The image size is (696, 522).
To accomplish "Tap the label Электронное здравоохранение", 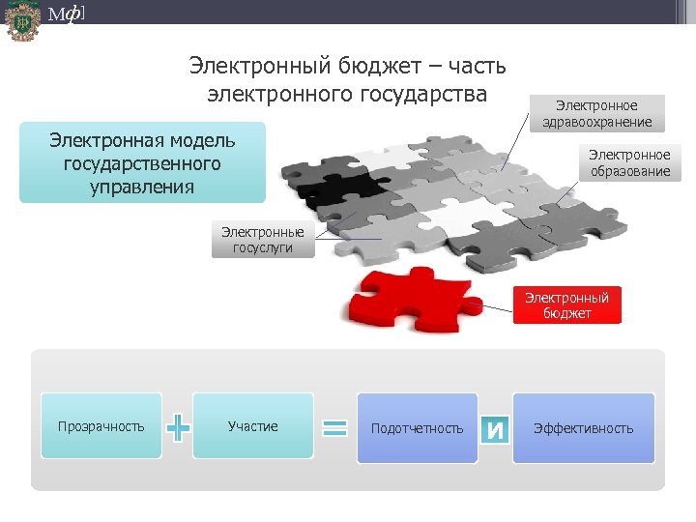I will coord(597,113).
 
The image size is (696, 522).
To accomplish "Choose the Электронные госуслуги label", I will coord(262,240).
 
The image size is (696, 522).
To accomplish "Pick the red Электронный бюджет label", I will coord(566,305).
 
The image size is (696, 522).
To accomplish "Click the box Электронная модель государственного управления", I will coord(142,162).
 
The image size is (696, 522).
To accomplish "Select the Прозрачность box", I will coord(101,426).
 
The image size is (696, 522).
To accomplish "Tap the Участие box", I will coord(252,426).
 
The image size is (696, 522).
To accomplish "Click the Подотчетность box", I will coord(417,427).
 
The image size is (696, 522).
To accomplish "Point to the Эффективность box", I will coord(583,427).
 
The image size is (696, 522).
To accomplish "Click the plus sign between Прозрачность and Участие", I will coord(178,426).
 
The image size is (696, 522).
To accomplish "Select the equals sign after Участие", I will coord(334,427).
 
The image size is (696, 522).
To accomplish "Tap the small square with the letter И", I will coord(494,428).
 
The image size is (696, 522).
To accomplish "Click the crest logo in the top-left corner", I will coord(21,21).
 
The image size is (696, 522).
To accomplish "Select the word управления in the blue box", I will coord(142,186).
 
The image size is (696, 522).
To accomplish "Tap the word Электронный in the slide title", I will coord(258,67).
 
